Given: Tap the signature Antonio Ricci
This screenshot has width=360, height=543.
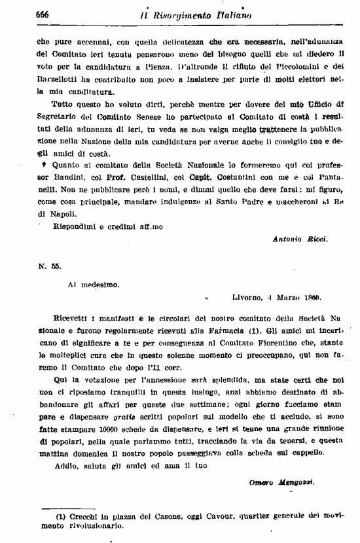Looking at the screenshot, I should pyautogui.click(x=300, y=239).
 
